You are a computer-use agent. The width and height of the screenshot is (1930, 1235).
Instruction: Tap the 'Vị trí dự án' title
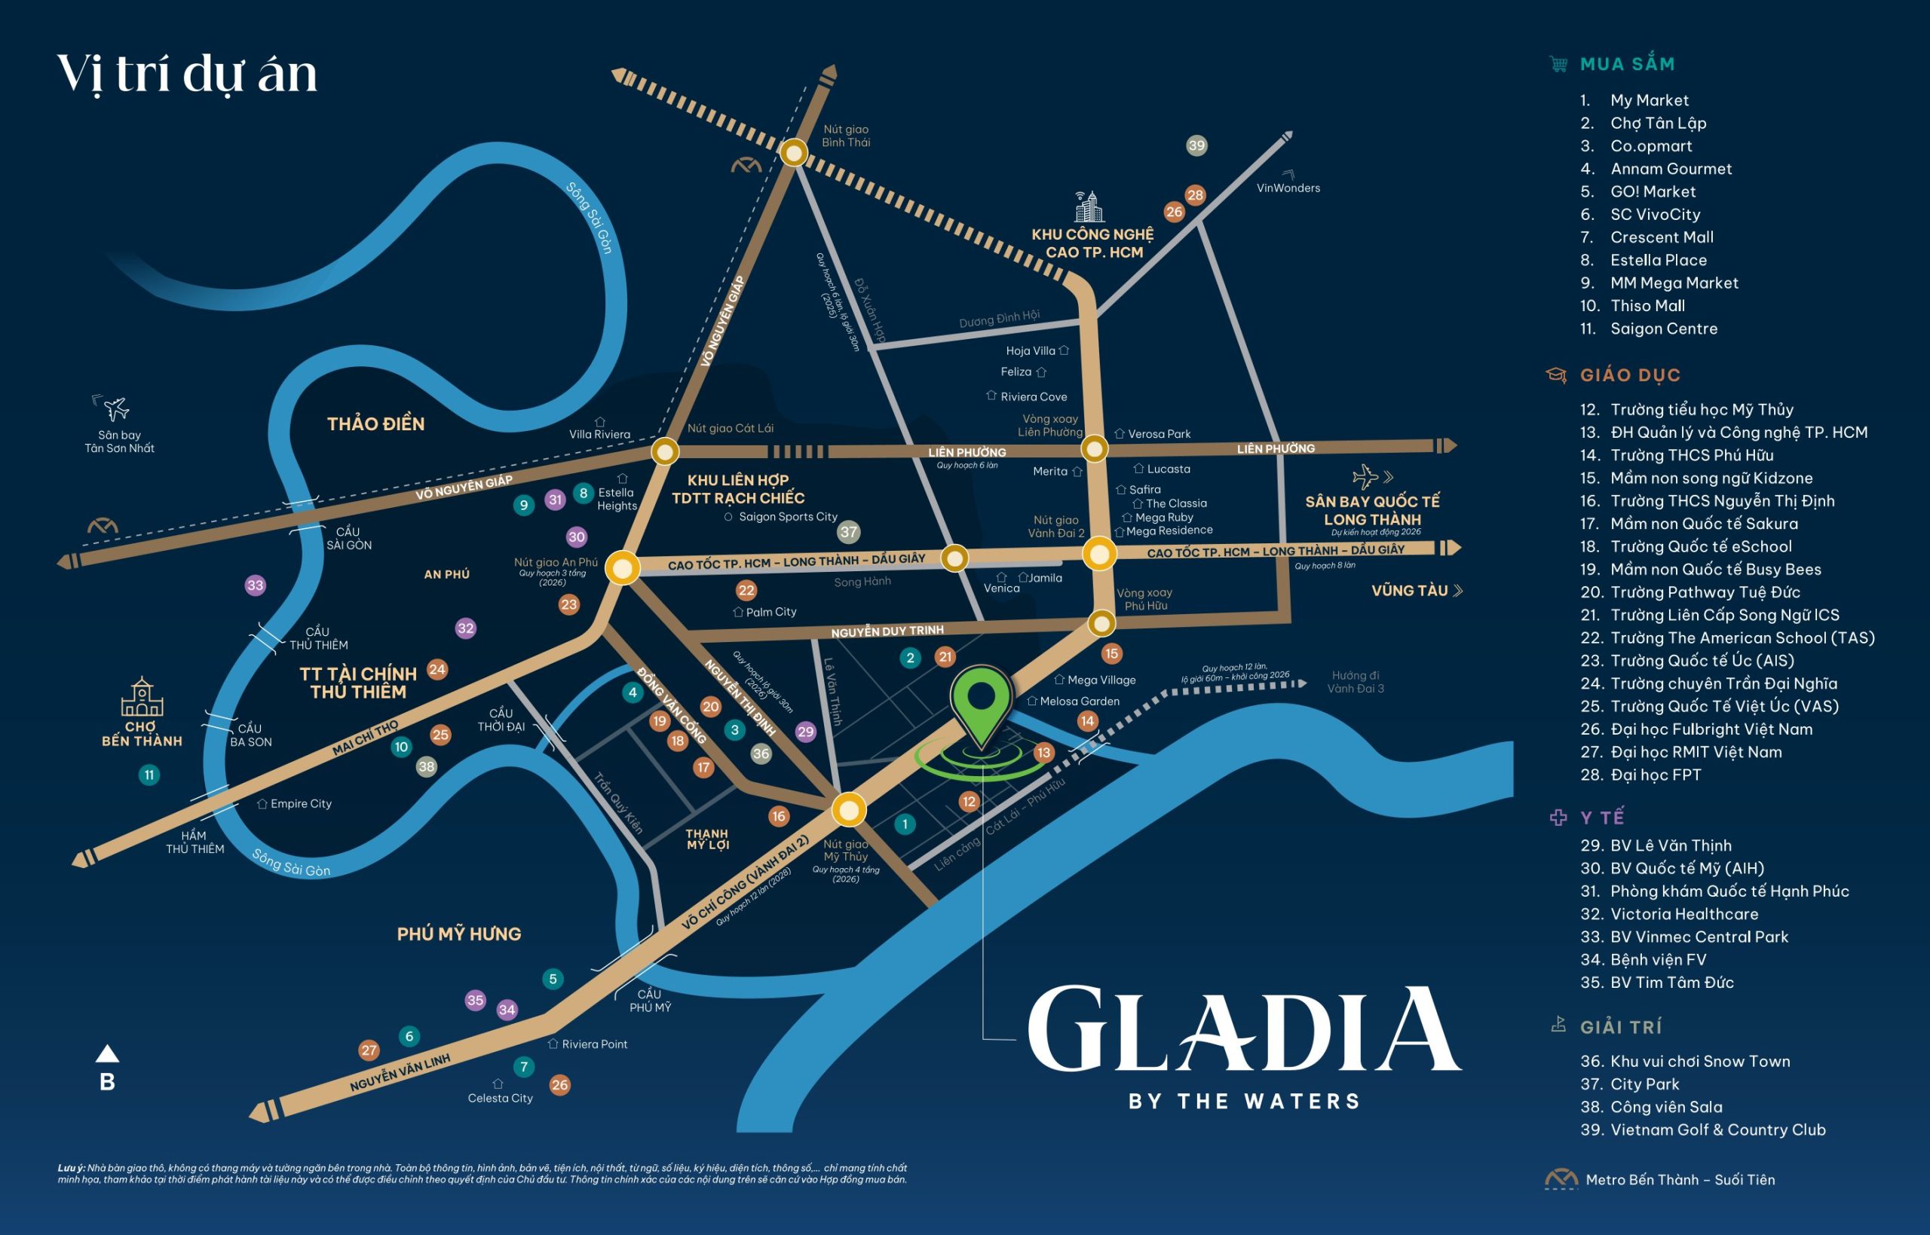pyautogui.click(x=187, y=74)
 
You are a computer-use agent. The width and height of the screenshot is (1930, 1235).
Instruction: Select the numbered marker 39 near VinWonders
pyautogui.click(x=1196, y=145)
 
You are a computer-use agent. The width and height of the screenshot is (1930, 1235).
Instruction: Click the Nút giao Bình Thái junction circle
pyautogui.click(x=793, y=152)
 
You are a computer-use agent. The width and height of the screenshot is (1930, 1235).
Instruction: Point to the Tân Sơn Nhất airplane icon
pyautogui.click(x=116, y=408)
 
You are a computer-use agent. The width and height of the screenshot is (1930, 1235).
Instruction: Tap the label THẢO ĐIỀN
pyautogui.click(x=375, y=423)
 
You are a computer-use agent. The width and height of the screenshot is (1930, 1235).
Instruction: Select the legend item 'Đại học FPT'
pyautogui.click(x=1655, y=775)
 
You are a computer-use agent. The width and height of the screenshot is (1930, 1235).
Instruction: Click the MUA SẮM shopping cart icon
pyautogui.click(x=1558, y=64)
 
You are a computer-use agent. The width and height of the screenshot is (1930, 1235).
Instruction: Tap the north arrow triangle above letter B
pyautogui.click(x=108, y=1053)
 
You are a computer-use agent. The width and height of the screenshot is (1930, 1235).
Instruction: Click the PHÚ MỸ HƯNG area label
pyautogui.click(x=459, y=934)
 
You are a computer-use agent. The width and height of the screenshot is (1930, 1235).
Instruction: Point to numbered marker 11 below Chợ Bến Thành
pyautogui.click(x=149, y=775)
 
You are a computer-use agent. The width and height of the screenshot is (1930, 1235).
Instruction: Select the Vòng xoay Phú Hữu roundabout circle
pyautogui.click(x=1101, y=623)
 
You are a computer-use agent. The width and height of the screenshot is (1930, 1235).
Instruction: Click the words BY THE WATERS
pyautogui.click(x=1244, y=1101)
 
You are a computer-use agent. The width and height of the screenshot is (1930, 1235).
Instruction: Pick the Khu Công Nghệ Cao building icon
pyautogui.click(x=1089, y=207)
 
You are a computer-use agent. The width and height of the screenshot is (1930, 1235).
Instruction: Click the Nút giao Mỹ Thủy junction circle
pyautogui.click(x=848, y=809)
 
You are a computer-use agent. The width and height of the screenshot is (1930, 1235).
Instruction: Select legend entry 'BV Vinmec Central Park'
pyautogui.click(x=1699, y=937)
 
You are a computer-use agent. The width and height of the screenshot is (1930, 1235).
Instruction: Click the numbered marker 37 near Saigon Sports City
pyautogui.click(x=848, y=532)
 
